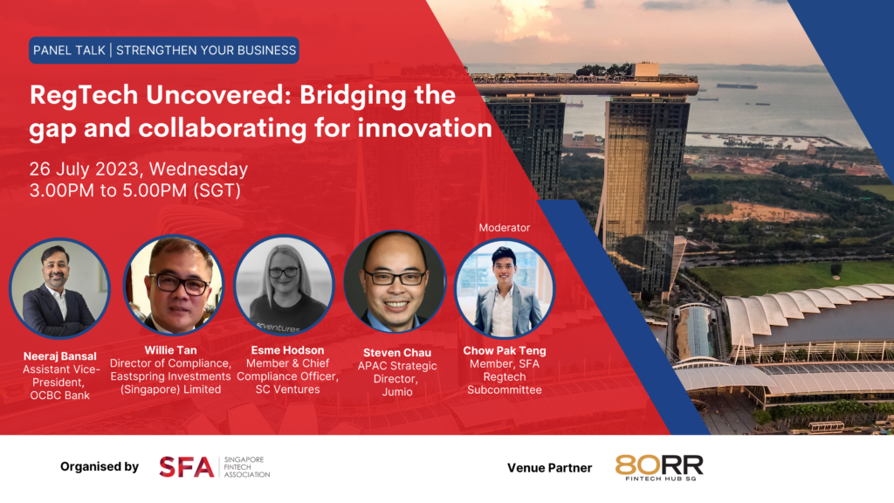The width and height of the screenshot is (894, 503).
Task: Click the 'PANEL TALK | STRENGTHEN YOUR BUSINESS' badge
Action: point(164,50)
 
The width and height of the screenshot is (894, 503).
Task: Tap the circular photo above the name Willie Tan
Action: point(174,286)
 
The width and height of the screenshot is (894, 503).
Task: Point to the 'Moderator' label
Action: point(504,228)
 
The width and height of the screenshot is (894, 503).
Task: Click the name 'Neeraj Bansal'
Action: point(59,356)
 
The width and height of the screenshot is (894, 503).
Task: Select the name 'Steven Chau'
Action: point(395,353)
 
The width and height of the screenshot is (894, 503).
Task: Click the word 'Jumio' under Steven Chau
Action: point(395,392)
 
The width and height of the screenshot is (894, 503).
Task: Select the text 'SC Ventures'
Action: point(285,389)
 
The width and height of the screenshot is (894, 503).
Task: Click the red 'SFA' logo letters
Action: point(186,467)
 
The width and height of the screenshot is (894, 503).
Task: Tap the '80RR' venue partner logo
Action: point(658,467)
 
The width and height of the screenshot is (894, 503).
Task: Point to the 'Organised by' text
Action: point(100,467)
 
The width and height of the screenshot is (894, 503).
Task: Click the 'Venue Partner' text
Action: point(549,468)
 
